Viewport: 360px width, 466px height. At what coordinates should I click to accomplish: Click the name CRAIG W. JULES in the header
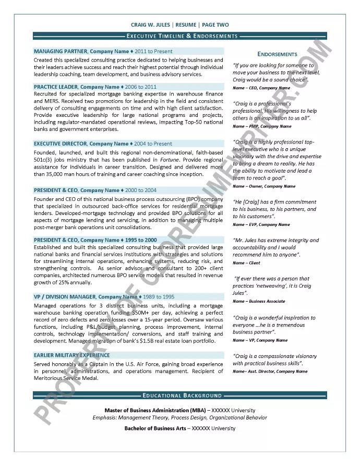pyautogui.click(x=151, y=25)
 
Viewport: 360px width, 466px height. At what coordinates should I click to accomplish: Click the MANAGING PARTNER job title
pyautogui.click(x=61, y=52)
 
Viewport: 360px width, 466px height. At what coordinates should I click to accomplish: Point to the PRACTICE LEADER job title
pyautogui.click(x=56, y=87)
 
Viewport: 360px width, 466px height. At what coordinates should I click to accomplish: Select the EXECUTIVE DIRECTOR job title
pyautogui.click(x=60, y=144)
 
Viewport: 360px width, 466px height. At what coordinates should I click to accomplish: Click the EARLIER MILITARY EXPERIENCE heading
pyautogui.click(x=71, y=355)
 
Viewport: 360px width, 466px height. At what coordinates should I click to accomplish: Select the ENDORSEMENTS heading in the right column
pyautogui.click(x=277, y=54)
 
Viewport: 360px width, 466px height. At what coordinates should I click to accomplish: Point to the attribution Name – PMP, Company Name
pyautogui.click(x=262, y=126)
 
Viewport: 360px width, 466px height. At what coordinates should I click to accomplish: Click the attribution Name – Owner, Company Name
pyautogui.click(x=263, y=186)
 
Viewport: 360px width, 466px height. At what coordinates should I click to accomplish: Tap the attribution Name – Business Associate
pyautogui.click(x=259, y=301)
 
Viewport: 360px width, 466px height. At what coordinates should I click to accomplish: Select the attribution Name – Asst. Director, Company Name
pyautogui.click(x=270, y=372)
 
